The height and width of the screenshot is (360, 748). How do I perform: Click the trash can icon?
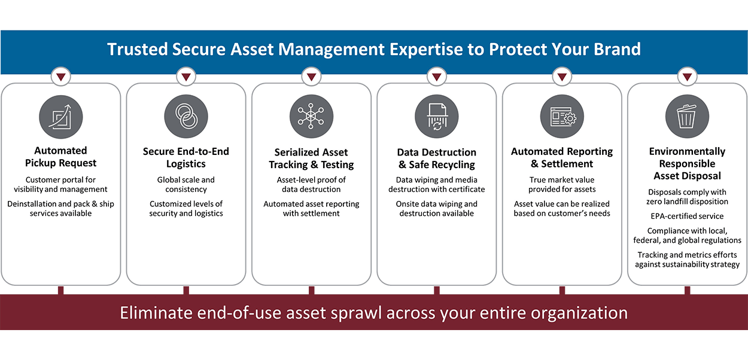tap(687, 117)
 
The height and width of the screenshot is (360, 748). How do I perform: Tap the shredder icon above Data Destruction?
tap(436, 117)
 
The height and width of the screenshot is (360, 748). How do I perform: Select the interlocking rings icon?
tap(186, 117)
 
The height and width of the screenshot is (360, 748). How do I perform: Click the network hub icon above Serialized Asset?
tap(311, 117)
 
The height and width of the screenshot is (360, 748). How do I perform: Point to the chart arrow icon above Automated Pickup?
tap(61, 117)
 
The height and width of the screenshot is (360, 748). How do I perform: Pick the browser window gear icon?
tap(562, 117)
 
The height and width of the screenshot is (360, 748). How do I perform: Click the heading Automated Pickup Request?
tap(61, 157)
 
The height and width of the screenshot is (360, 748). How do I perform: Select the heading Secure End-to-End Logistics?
tap(186, 157)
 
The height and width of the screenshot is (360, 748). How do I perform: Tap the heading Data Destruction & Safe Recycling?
tap(436, 158)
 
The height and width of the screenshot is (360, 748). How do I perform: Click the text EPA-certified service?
tap(687, 216)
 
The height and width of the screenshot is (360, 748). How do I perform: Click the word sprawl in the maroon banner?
tap(356, 313)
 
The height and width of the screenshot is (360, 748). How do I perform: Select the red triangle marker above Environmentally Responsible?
tap(687, 77)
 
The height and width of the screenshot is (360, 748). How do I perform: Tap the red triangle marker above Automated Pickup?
tap(61, 77)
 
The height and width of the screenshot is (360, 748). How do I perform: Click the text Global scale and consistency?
tap(186, 185)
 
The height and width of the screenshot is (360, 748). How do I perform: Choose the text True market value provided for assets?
tap(562, 185)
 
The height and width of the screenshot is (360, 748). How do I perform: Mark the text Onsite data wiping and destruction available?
tap(436, 209)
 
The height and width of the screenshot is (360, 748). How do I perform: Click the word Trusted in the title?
tap(137, 49)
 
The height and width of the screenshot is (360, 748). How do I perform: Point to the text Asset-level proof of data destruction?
tap(311, 185)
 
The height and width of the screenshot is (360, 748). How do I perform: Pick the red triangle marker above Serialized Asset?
tap(311, 77)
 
